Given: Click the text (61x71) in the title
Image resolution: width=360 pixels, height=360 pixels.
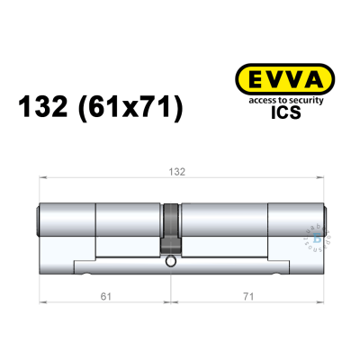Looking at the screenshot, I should click(x=133, y=108).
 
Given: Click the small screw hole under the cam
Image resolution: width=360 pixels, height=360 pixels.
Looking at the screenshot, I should click(x=171, y=262).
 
